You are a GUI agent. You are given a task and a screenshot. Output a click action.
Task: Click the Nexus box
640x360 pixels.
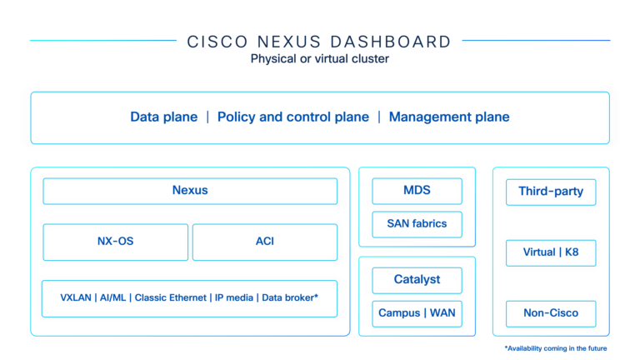click(x=190, y=191)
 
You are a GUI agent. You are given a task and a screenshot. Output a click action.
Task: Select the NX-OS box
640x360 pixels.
click(x=115, y=242)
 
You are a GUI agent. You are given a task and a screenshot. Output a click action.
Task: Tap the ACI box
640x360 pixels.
click(x=265, y=242)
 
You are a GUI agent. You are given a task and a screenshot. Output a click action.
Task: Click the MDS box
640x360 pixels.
click(x=417, y=191)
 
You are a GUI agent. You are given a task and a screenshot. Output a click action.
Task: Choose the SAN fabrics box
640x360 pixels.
click(x=417, y=224)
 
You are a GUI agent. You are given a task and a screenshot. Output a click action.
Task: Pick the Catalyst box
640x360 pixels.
click(x=417, y=280)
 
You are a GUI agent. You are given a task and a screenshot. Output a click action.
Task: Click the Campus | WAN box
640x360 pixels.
click(x=417, y=313)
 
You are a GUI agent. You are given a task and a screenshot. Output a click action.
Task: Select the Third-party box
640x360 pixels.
click(x=551, y=192)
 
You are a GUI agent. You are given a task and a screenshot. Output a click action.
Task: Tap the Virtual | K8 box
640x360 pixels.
click(x=551, y=252)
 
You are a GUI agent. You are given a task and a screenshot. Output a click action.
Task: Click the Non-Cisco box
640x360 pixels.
click(x=551, y=313)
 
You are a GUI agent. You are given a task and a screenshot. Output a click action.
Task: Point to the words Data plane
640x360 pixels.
click(x=164, y=117)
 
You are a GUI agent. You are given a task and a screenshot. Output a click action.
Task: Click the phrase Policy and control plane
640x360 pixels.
click(x=292, y=117)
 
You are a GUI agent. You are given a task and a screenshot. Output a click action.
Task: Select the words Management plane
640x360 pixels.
click(x=449, y=117)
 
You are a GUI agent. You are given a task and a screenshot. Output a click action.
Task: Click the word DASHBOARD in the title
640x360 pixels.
click(x=390, y=42)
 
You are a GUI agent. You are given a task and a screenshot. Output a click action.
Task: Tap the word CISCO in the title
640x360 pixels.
click(x=216, y=42)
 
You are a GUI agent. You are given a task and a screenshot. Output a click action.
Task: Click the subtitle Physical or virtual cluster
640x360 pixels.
click(x=320, y=60)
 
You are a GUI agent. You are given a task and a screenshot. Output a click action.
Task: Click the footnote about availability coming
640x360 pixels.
click(x=555, y=348)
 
